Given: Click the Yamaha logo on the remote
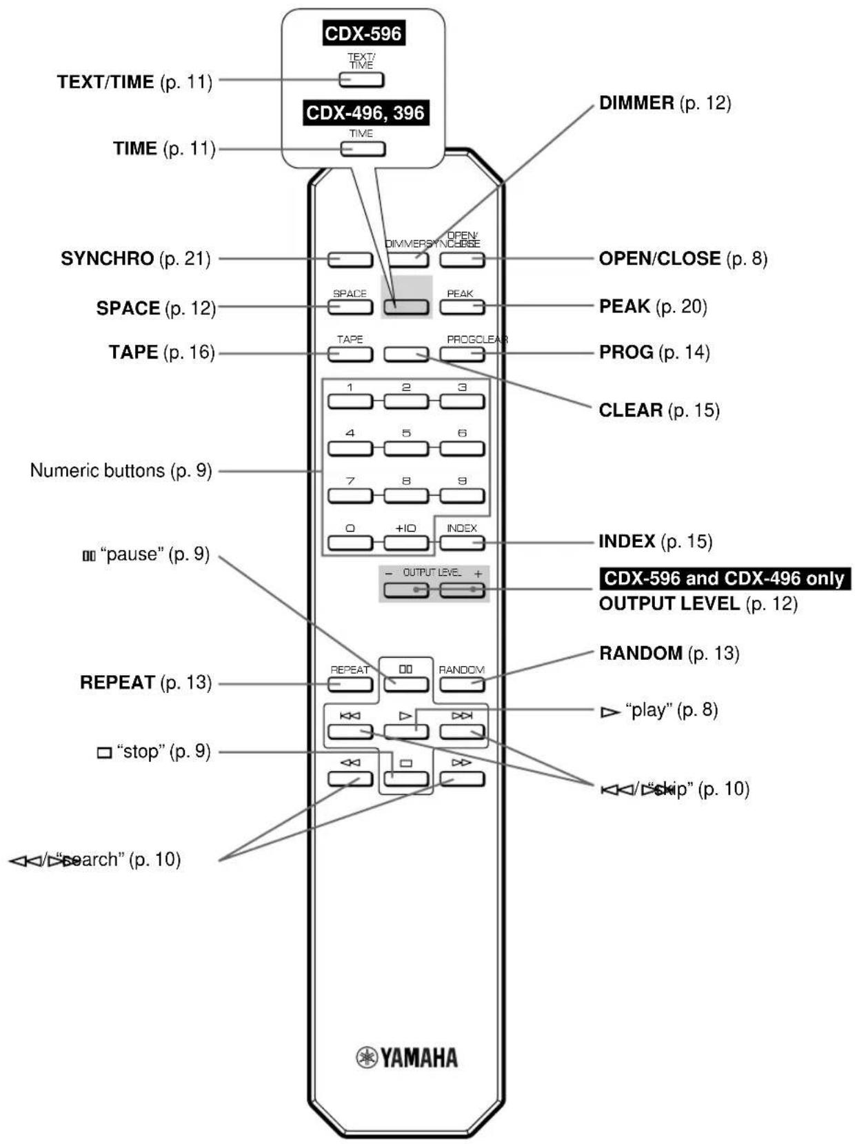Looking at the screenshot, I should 407,1057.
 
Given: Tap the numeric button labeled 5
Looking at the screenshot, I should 406,448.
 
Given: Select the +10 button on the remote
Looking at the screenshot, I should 406,542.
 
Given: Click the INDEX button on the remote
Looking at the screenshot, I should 462,542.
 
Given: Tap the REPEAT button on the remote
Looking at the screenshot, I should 350,684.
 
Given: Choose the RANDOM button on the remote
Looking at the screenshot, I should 462,684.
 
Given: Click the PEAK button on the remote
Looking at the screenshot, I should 462,307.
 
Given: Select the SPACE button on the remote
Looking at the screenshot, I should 350,307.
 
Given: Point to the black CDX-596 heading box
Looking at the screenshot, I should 363,33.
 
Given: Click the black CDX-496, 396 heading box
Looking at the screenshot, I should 365,112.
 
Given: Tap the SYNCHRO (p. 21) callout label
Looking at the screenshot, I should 135,259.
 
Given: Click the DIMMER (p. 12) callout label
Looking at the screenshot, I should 665,103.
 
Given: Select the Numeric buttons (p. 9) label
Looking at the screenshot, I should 121,471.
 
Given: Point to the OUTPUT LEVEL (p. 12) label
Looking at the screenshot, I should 698,604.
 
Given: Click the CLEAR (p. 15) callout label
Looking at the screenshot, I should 658,410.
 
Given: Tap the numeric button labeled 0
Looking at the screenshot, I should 350,542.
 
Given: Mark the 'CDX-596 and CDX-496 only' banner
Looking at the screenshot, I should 724,578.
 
